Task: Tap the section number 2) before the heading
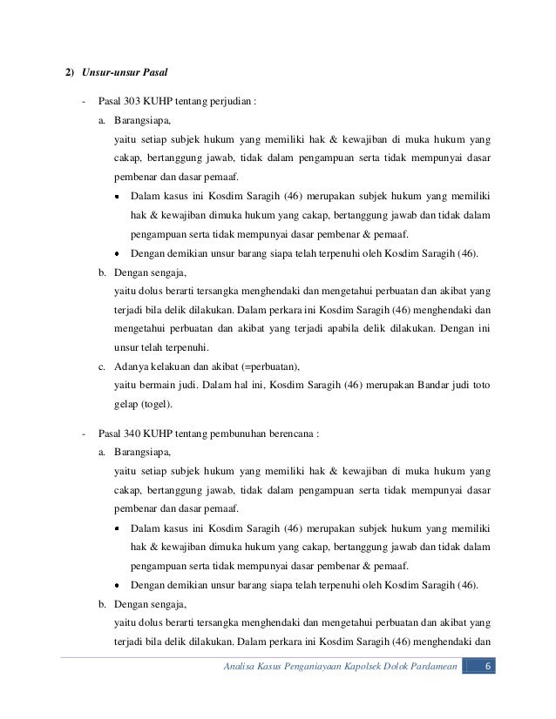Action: (x=74, y=71)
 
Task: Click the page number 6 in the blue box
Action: (x=489, y=668)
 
